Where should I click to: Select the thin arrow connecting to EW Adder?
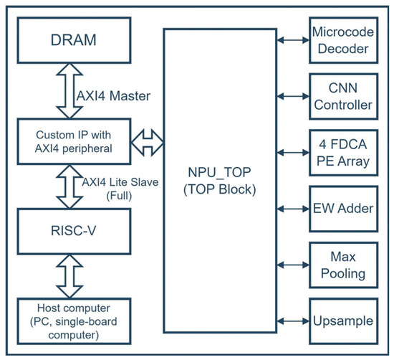[x=292, y=209]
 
